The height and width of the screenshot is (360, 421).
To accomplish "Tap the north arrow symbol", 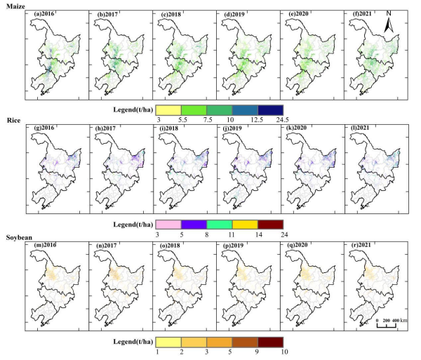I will (391, 26).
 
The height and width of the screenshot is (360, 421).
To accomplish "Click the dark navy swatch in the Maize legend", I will (269, 109).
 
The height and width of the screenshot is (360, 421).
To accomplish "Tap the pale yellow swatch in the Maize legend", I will (168, 109).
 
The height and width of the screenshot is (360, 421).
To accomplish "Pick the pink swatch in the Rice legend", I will (168, 225).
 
